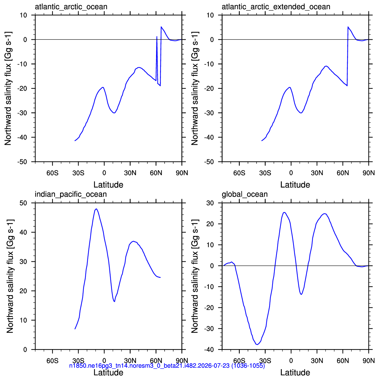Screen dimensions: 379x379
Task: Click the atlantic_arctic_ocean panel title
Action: click(x=71, y=7)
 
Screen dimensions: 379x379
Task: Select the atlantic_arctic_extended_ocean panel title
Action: click(x=276, y=7)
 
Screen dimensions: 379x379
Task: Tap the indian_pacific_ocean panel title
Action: click(x=71, y=194)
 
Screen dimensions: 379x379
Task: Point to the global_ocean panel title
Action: click(x=245, y=194)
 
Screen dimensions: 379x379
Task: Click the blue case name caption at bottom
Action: click(x=167, y=366)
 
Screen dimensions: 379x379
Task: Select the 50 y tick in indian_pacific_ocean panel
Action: click(x=23, y=203)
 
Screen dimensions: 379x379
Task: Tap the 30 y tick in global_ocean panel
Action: click(x=210, y=203)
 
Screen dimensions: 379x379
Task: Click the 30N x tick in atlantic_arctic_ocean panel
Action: click(x=130, y=173)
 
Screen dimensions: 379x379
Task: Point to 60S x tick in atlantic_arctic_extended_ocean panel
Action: click(x=239, y=173)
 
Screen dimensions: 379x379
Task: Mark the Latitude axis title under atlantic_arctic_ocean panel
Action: click(x=108, y=185)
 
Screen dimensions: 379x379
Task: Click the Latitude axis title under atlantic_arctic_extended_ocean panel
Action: click(x=295, y=185)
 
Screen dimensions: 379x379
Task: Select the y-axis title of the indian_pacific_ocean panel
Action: click(x=10, y=276)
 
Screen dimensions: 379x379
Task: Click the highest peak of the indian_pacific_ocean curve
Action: click(x=96, y=209)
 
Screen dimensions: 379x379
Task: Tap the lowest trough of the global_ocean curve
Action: click(x=257, y=345)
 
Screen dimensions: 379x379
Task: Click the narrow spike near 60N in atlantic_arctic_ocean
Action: click(x=157, y=36)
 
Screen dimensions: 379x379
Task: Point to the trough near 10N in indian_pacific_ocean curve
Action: click(x=114, y=301)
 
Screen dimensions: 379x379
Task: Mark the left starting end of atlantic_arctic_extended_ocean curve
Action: click(x=262, y=141)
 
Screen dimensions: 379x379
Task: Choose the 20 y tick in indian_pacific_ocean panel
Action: click(x=23, y=291)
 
